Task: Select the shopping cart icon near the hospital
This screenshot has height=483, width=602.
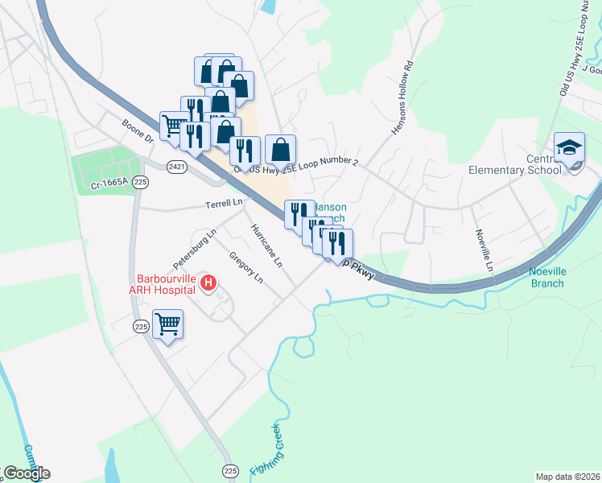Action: (x=167, y=325)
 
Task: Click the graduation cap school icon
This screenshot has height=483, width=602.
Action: (x=569, y=149)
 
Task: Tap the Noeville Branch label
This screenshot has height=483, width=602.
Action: (x=546, y=277)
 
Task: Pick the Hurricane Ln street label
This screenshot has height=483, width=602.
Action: (x=266, y=245)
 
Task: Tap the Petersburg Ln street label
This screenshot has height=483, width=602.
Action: (x=195, y=250)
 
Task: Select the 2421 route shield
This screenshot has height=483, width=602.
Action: (x=178, y=167)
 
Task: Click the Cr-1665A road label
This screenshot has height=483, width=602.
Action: (x=109, y=184)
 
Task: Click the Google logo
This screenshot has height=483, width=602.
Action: (x=26, y=473)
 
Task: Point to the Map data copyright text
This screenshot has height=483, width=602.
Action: (x=568, y=477)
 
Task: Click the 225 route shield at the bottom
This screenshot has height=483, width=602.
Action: (x=231, y=469)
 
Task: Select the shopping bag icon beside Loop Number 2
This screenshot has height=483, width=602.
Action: (x=280, y=150)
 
